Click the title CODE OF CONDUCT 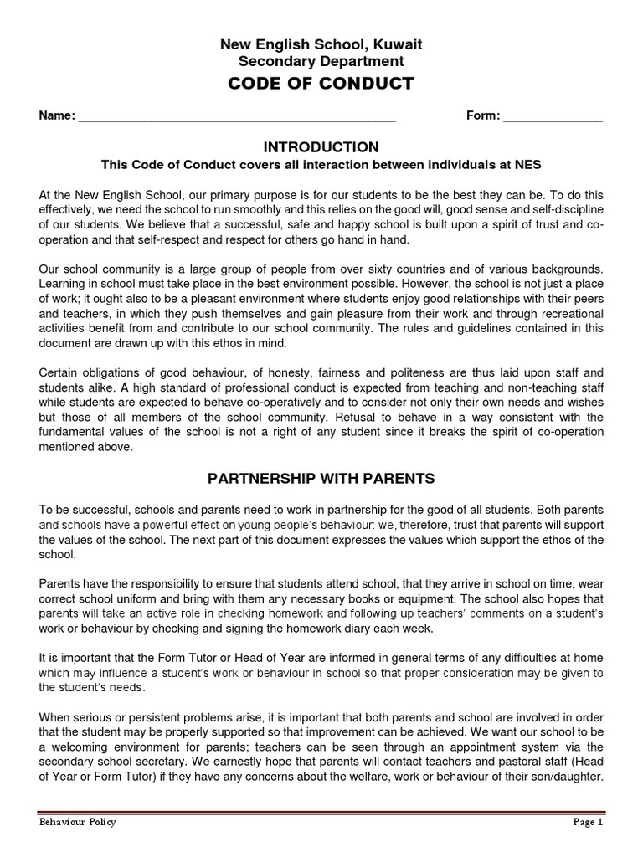[x=321, y=84]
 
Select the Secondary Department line [x=321, y=61]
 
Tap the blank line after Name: [x=236, y=117]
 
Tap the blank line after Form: [x=553, y=117]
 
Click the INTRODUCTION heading [x=321, y=147]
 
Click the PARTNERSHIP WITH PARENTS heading [x=321, y=479]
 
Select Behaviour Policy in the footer [x=78, y=822]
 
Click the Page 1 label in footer [x=588, y=822]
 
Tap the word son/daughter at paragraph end [x=568, y=777]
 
